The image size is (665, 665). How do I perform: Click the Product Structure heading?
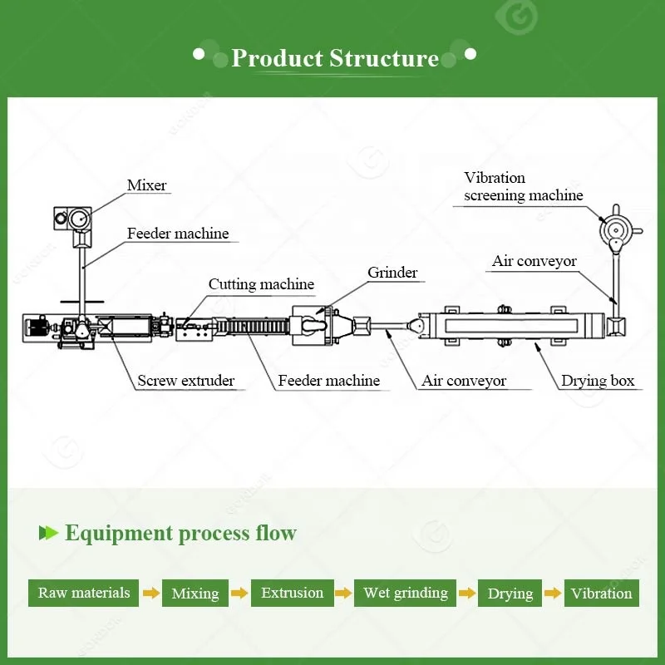pyautogui.click(x=334, y=58)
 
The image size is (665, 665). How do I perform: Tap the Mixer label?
pyautogui.click(x=146, y=185)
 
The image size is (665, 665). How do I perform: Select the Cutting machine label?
pyautogui.click(x=261, y=284)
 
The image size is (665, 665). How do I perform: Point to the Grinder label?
pyautogui.click(x=392, y=273)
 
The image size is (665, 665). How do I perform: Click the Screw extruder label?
pyautogui.click(x=185, y=382)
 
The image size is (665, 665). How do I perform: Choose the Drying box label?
pyautogui.click(x=597, y=382)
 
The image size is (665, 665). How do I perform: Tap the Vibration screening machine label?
pyautogui.click(x=523, y=187)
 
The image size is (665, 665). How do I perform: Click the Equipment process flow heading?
pyautogui.click(x=180, y=533)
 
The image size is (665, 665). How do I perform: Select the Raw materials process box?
pyautogui.click(x=84, y=593)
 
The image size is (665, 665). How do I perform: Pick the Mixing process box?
pyautogui.click(x=195, y=593)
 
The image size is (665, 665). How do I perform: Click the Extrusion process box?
pyautogui.click(x=292, y=593)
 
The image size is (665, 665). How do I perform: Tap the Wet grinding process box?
pyautogui.click(x=405, y=593)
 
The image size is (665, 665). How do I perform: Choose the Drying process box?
pyautogui.click(x=510, y=593)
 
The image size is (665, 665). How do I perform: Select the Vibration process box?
pyautogui.click(x=601, y=593)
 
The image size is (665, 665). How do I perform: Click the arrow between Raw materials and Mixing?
pyautogui.click(x=150, y=593)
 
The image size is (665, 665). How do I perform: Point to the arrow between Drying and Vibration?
pyautogui.click(x=553, y=593)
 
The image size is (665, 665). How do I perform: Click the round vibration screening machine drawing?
pyautogui.click(x=615, y=228)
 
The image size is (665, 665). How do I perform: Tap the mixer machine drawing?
pyautogui.click(x=76, y=219)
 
